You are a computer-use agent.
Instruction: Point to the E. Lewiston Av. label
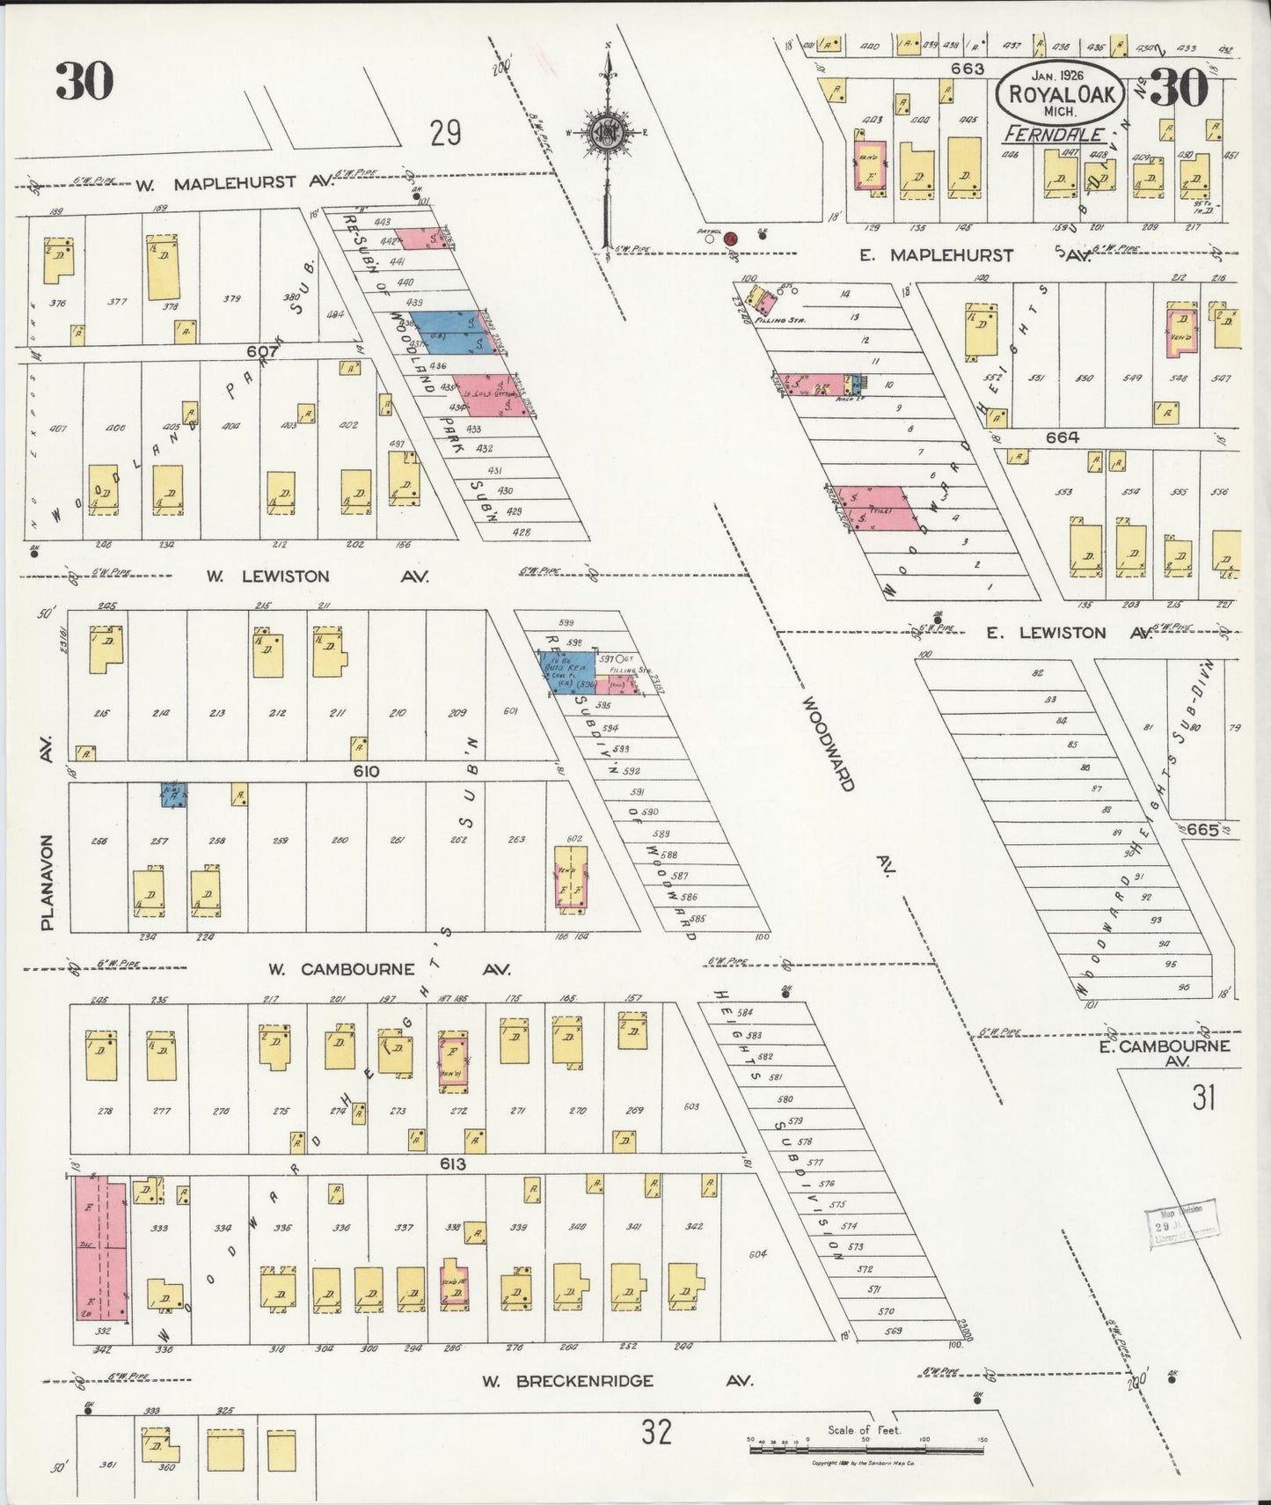pos(1068,633)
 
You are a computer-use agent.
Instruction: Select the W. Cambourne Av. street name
pos(388,969)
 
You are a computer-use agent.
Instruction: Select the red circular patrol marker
pos(730,239)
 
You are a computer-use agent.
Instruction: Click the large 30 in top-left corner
pos(84,82)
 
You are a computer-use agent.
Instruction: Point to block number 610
pos(366,771)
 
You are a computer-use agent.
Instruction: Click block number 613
pos(452,1164)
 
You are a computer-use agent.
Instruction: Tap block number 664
pos(1062,437)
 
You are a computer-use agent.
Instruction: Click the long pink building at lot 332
pos(100,1250)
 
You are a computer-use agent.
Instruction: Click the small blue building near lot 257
pos(173,795)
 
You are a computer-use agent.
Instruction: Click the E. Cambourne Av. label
pos(1164,1053)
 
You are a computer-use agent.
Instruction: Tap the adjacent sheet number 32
pos(656,1432)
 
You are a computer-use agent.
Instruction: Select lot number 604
pos(757,1253)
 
